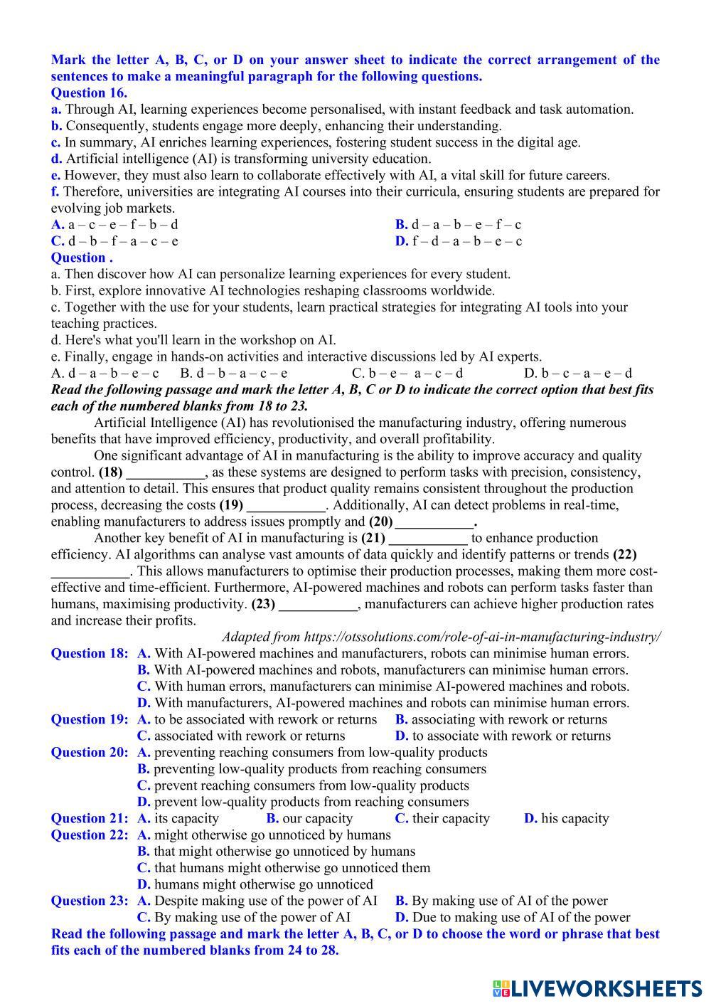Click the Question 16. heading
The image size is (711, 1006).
point(89,92)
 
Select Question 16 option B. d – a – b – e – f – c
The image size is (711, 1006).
point(458,225)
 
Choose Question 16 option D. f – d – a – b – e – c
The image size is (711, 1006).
point(459,241)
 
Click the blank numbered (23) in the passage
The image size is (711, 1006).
point(319,605)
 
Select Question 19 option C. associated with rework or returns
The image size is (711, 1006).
point(241,736)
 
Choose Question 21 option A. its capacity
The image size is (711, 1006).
point(178,819)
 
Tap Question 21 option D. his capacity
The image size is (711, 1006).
point(567,819)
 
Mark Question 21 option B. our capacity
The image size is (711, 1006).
point(309,819)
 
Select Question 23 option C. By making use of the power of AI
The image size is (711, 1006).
point(244,918)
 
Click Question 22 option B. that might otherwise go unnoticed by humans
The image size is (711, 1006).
point(276,852)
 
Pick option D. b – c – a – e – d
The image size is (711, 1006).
point(578,374)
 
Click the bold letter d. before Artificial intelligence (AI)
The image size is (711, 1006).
point(56,159)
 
